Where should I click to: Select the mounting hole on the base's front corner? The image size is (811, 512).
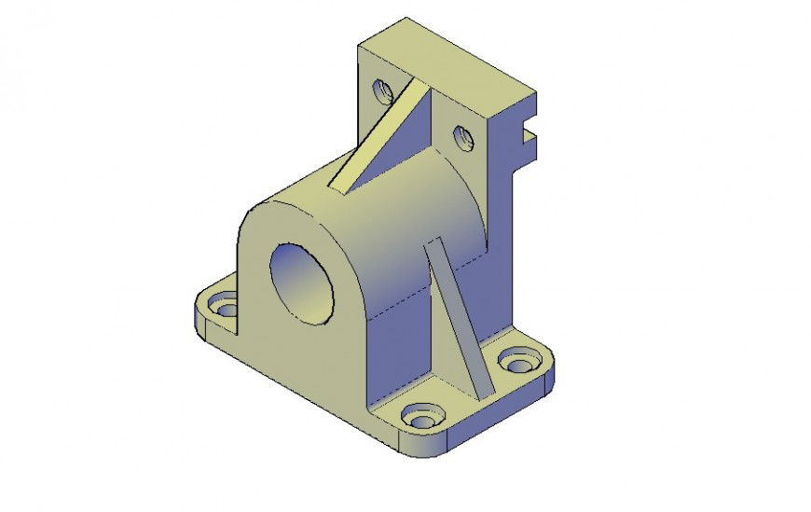[x=424, y=413]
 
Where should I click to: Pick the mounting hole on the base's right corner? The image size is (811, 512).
[x=515, y=360]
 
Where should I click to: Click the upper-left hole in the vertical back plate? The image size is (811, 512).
[x=381, y=91]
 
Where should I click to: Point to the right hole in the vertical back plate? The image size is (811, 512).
[x=464, y=139]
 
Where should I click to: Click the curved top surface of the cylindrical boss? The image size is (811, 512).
[x=373, y=205]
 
